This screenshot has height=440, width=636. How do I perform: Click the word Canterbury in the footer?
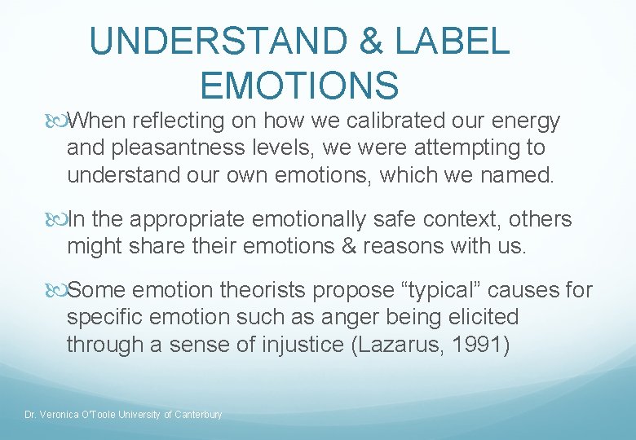pos(197,415)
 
